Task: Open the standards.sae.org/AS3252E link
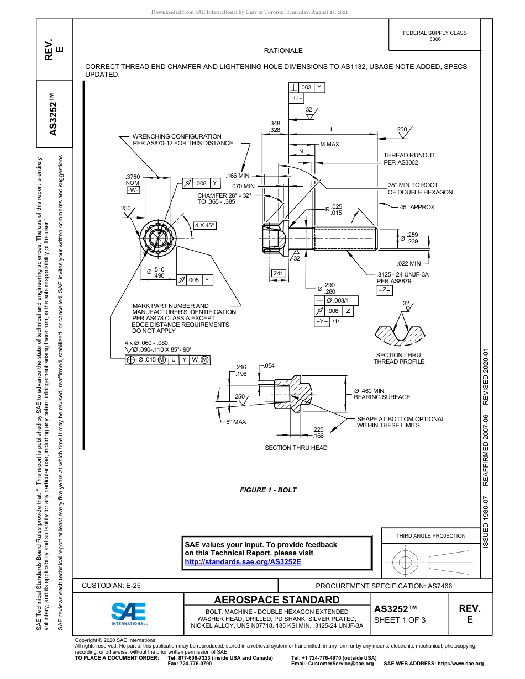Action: tap(243, 561)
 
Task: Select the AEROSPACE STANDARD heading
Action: tap(277, 600)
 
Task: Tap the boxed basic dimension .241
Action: tap(278, 273)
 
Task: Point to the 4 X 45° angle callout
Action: tap(204, 225)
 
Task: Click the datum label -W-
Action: tap(133, 190)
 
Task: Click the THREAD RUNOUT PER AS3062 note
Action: tap(409, 159)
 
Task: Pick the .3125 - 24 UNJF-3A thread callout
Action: tap(402, 274)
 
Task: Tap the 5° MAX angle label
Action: tap(236, 422)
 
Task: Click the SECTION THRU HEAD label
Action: tap(296, 448)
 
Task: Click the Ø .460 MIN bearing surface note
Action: tap(382, 394)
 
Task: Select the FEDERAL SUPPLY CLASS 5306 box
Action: tap(434, 36)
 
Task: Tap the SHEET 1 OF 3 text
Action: tap(400, 619)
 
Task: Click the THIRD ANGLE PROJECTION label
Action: tap(431, 535)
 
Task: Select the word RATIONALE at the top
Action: tap(283, 51)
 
